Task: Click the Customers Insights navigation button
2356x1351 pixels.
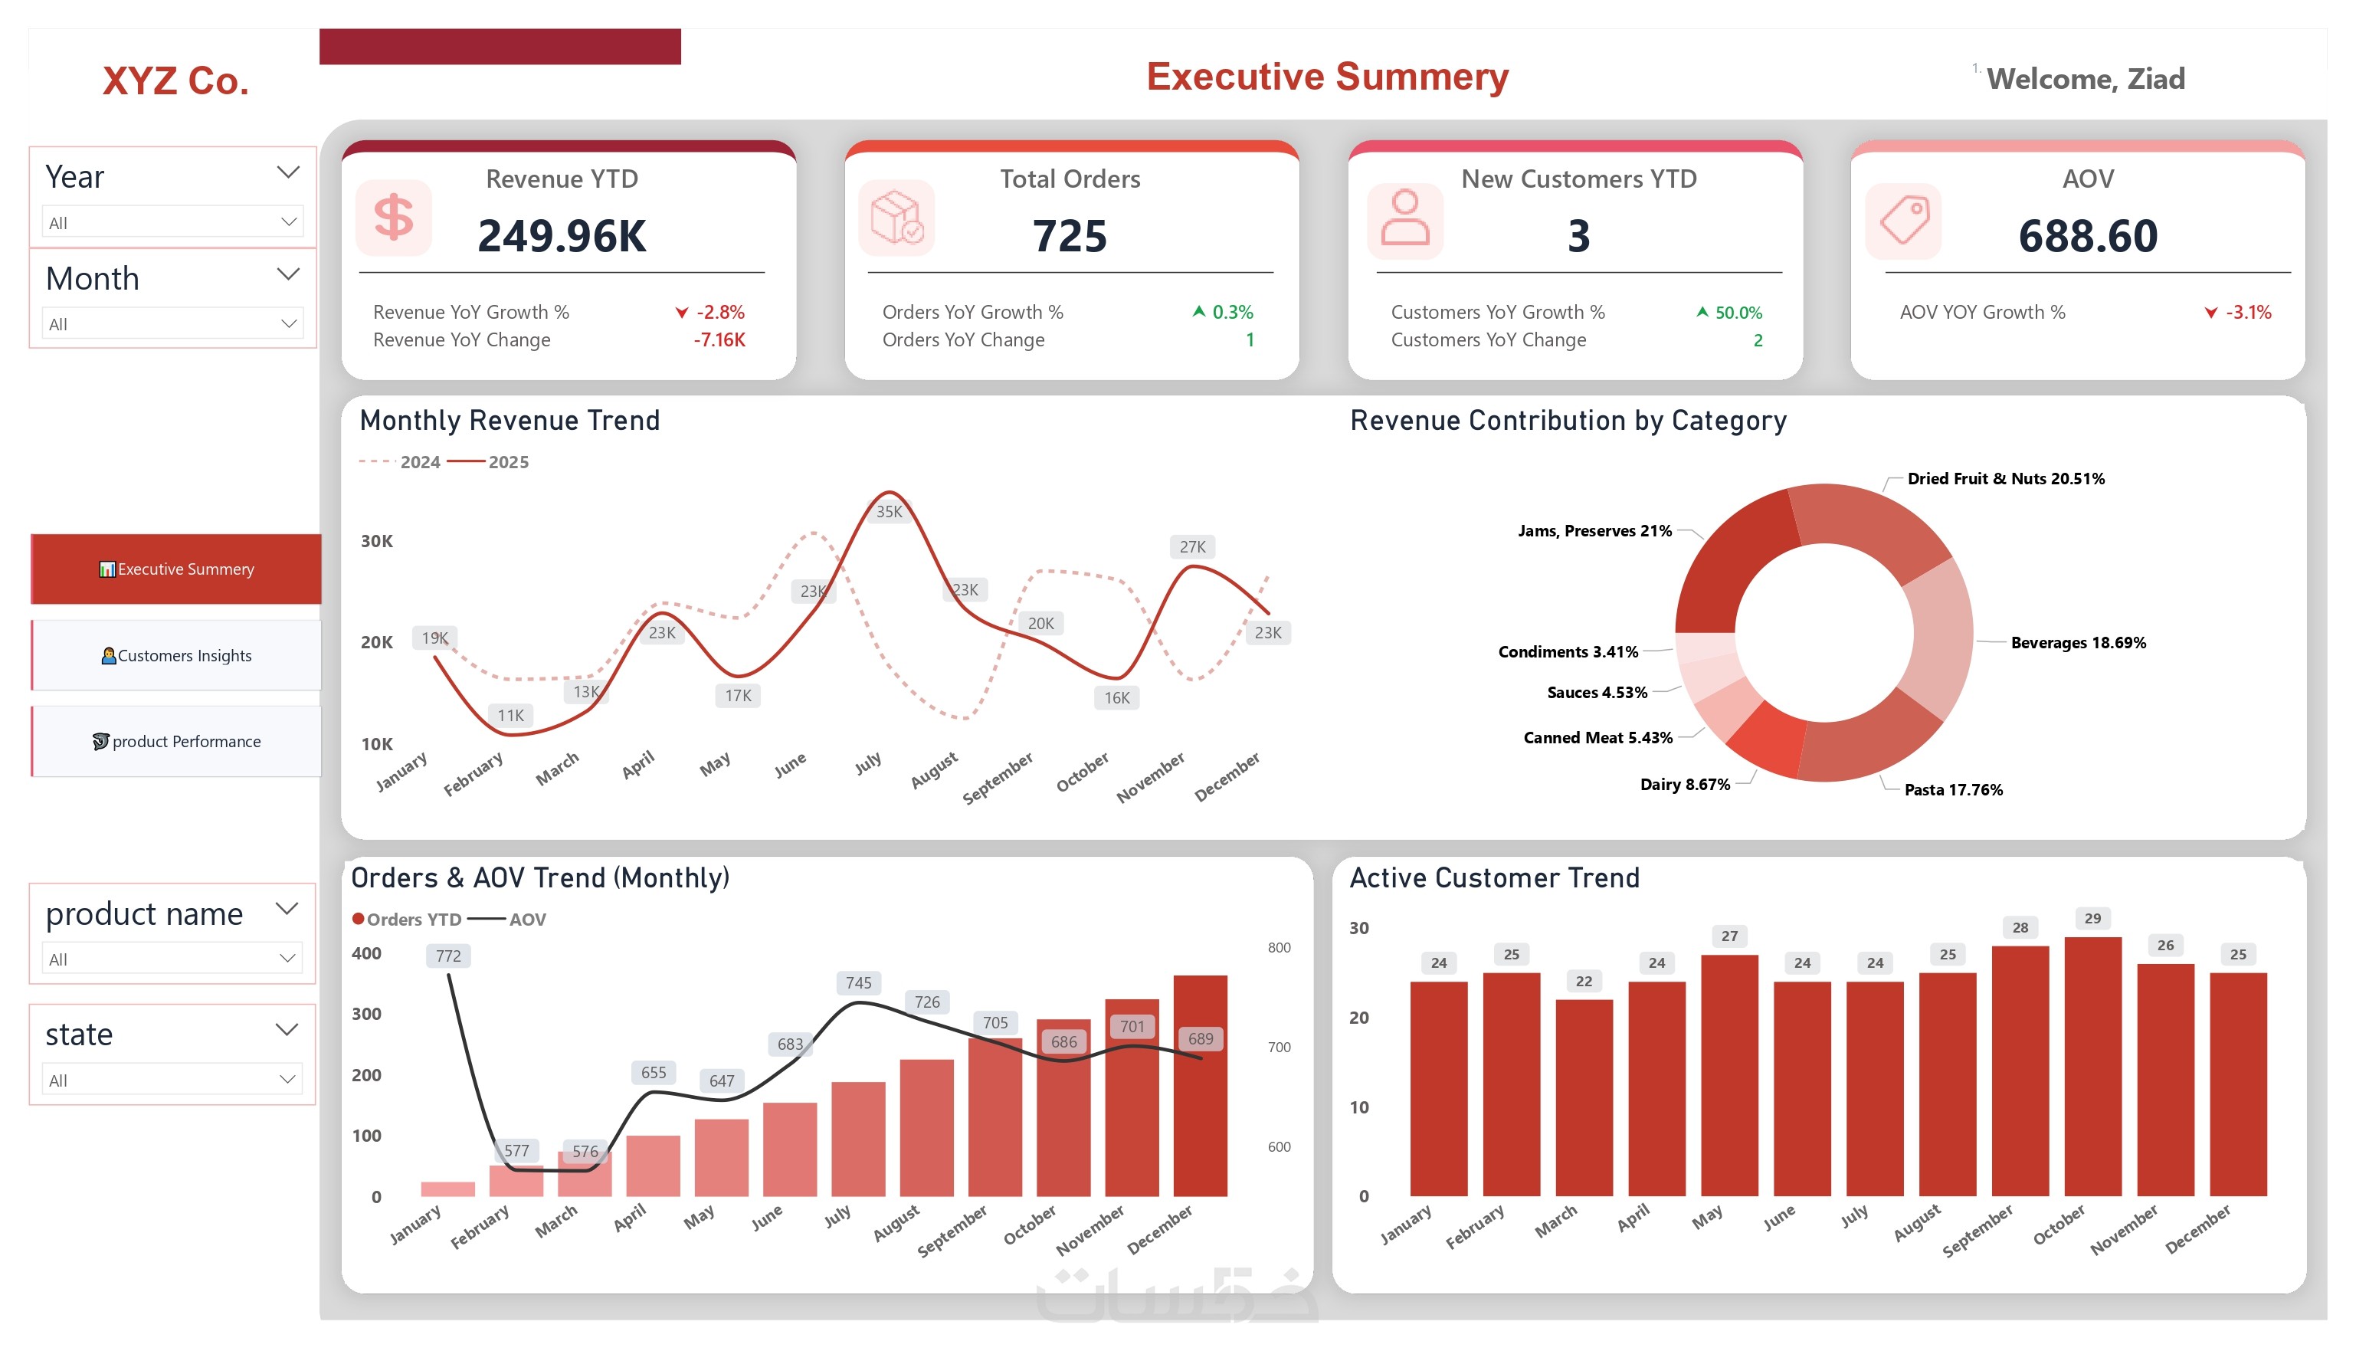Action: click(x=176, y=655)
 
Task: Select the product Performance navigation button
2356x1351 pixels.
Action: click(x=176, y=741)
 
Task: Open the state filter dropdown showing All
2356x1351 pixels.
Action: click(x=173, y=1080)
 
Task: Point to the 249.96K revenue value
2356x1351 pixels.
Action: click(x=562, y=236)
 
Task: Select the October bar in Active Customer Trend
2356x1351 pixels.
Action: click(x=2092, y=1066)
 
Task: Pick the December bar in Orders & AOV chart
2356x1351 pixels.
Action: click(x=1201, y=1086)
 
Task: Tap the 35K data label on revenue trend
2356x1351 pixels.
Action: click(x=889, y=511)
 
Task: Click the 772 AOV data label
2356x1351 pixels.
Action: click(x=448, y=956)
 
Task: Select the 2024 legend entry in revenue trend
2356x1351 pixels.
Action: click(x=400, y=462)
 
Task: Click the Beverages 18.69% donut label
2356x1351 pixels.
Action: click(x=2078, y=642)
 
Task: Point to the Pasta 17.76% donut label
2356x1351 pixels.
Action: click(x=1954, y=789)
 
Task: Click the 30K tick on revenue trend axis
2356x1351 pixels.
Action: click(x=377, y=541)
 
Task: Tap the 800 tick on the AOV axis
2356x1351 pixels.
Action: click(x=1279, y=947)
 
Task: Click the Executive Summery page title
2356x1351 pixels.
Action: click(x=1327, y=77)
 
